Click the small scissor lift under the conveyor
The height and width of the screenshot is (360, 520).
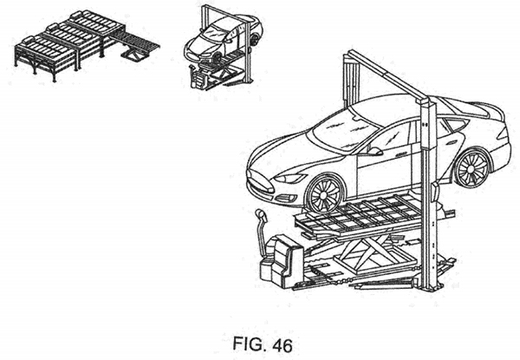tap(135, 57)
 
